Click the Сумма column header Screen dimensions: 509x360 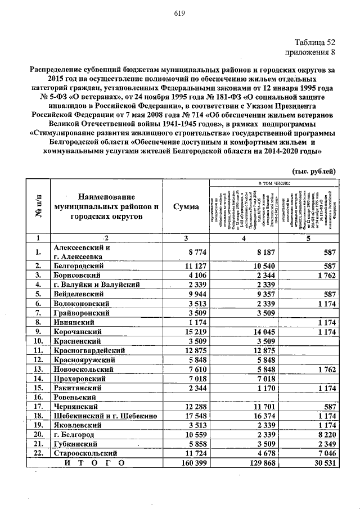click(x=186, y=207)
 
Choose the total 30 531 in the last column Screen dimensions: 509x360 click(x=321, y=462)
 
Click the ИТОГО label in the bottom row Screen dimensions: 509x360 click(x=96, y=462)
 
